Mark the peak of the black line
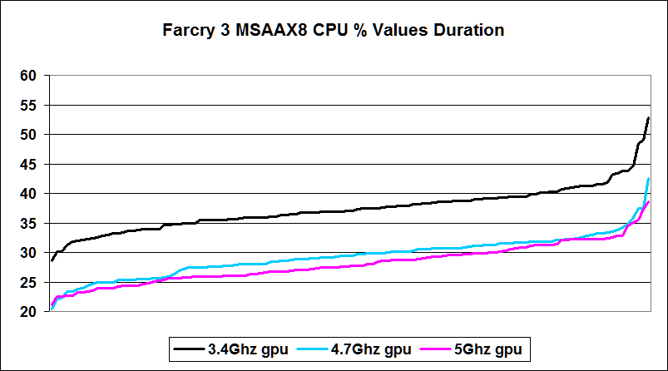coord(648,118)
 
